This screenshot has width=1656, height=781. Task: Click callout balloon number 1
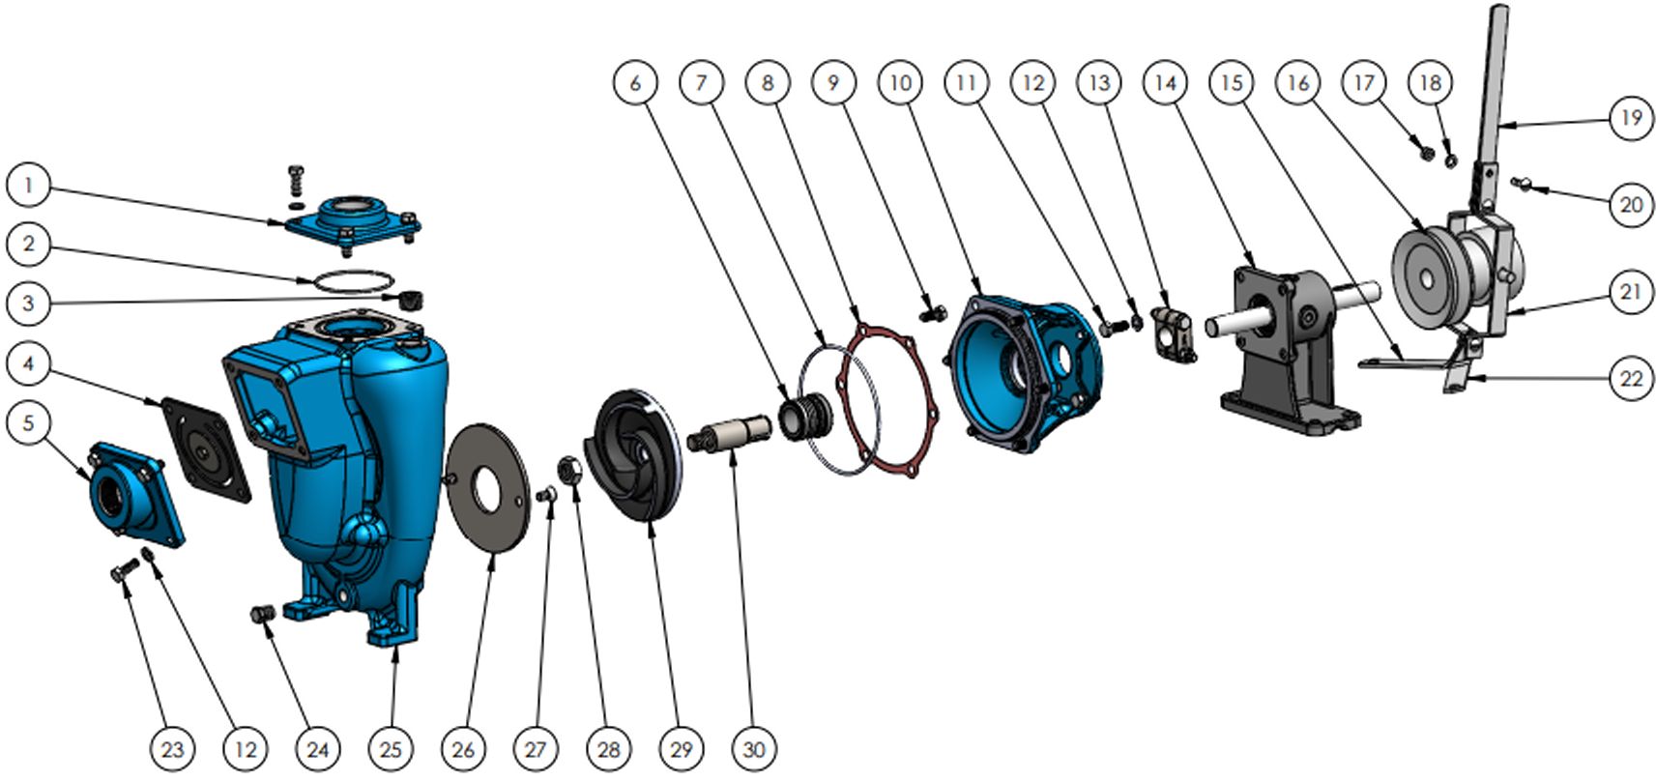pyautogui.click(x=28, y=186)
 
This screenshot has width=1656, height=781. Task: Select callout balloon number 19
pyautogui.click(x=1631, y=118)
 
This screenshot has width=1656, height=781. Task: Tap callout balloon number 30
pyautogui.click(x=754, y=749)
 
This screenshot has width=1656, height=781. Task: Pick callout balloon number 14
pyautogui.click(x=1166, y=83)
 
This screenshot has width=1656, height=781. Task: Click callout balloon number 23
pyautogui.click(x=172, y=749)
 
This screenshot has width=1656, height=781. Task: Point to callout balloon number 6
pyautogui.click(x=636, y=83)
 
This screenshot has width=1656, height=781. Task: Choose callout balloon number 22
pyautogui.click(x=1631, y=378)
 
